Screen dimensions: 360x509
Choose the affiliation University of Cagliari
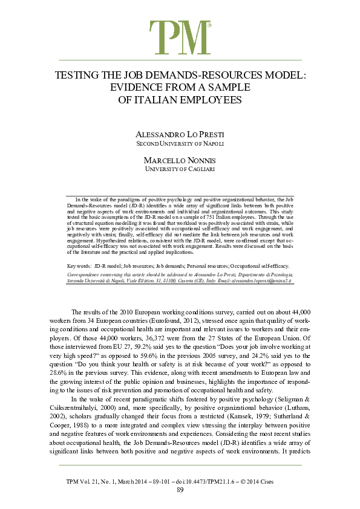(x=180, y=169)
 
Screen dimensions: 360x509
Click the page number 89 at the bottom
(x=180, y=489)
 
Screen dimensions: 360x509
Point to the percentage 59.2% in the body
(x=139, y=342)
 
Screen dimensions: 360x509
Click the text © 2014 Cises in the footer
(x=275, y=480)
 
